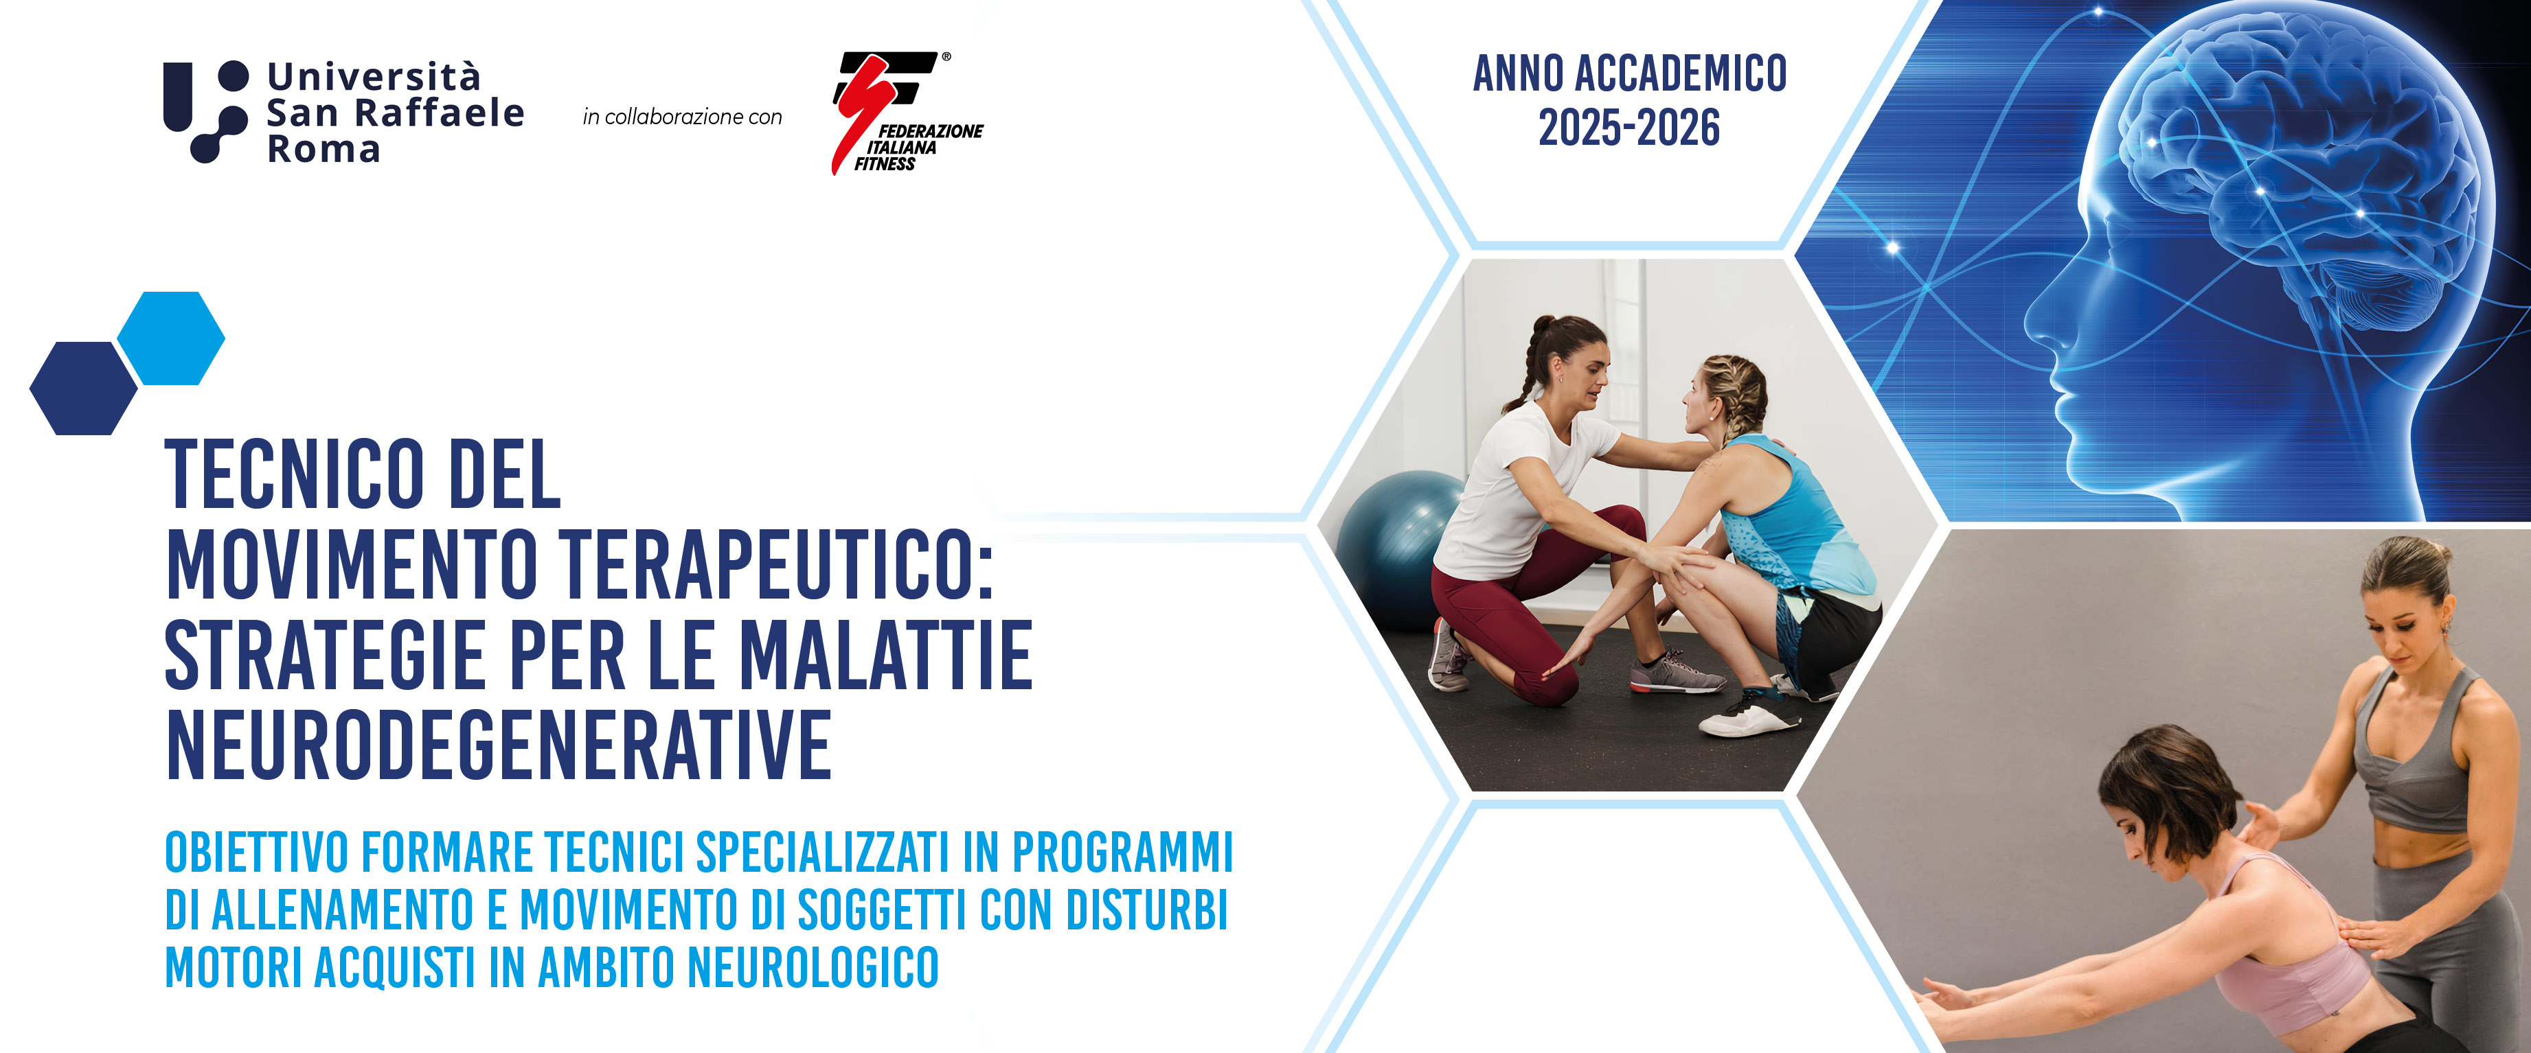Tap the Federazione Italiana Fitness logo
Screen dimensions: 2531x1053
[x=906, y=113]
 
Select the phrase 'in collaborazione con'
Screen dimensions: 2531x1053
[x=682, y=117]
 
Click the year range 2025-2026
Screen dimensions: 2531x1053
[x=1629, y=128]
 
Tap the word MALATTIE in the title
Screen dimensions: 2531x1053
[x=885, y=655]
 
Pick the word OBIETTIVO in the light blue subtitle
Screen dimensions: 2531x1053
[x=256, y=853]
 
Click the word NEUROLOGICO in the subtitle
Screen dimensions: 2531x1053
[x=813, y=968]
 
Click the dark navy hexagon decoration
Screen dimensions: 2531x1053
[x=84, y=388]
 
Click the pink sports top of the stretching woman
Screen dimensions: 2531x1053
[x=2289, y=943]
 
